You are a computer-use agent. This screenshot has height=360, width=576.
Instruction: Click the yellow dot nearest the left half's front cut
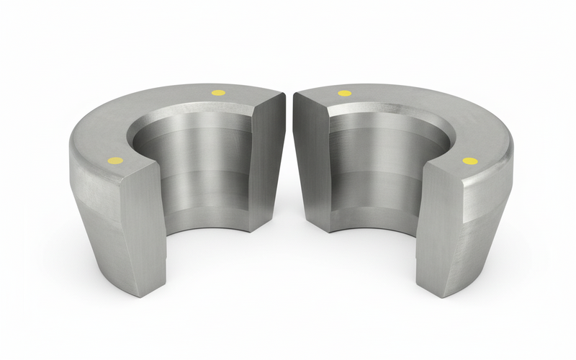[113, 159]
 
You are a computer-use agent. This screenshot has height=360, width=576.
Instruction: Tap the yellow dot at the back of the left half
[217, 92]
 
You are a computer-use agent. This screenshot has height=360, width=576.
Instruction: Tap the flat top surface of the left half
[166, 108]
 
